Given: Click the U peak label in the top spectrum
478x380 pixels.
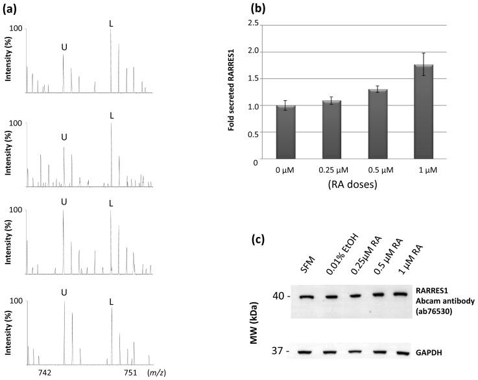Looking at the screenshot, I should [x=64, y=47].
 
